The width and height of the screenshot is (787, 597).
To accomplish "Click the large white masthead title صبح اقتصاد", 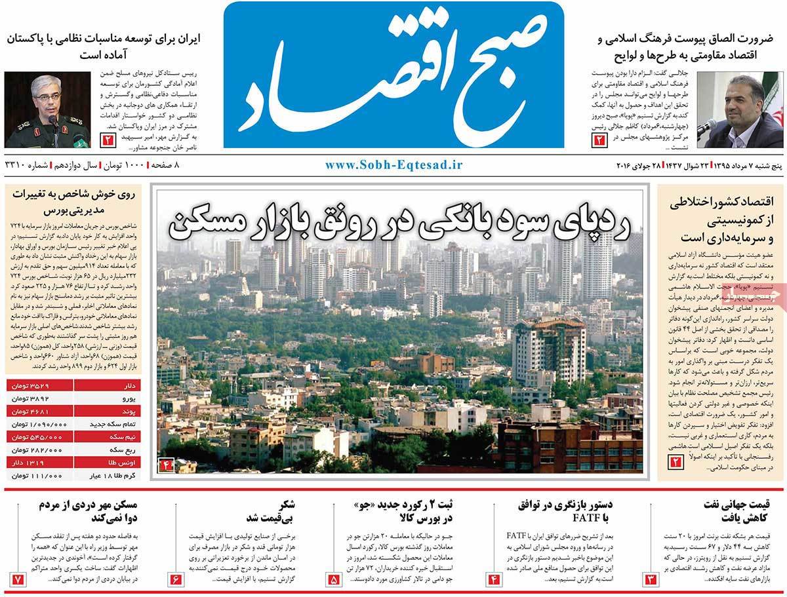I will (393, 75).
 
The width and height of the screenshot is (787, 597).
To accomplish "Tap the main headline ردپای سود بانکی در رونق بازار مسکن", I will (400, 223).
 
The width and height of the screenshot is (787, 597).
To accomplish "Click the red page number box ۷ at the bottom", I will (18, 579).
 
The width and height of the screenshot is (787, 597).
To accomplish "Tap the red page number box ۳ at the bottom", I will (651, 579).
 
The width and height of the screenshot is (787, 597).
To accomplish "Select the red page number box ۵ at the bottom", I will (334, 579).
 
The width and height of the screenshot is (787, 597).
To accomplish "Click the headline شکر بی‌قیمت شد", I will (262, 510).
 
